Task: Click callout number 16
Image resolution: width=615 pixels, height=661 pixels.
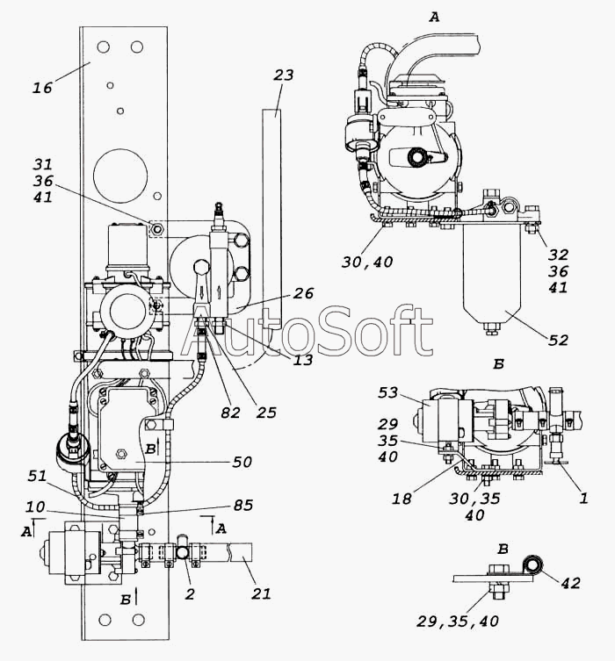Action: click(43, 87)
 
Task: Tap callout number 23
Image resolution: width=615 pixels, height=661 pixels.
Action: click(283, 75)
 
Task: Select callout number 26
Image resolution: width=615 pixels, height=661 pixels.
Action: click(303, 295)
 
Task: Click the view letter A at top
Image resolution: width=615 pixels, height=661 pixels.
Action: click(433, 17)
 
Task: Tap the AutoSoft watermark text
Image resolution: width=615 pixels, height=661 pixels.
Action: click(312, 333)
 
